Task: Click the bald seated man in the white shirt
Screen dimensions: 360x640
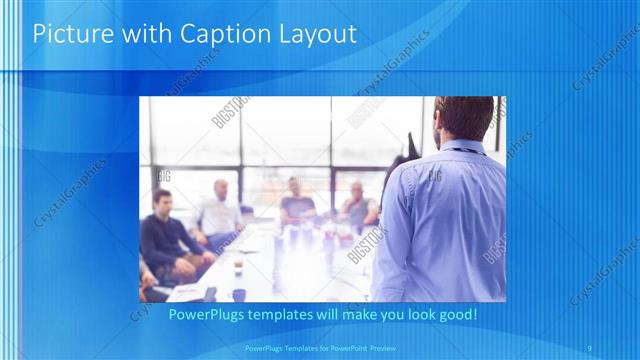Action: pos(218,212)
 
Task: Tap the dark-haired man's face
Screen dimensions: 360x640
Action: pos(160,203)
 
